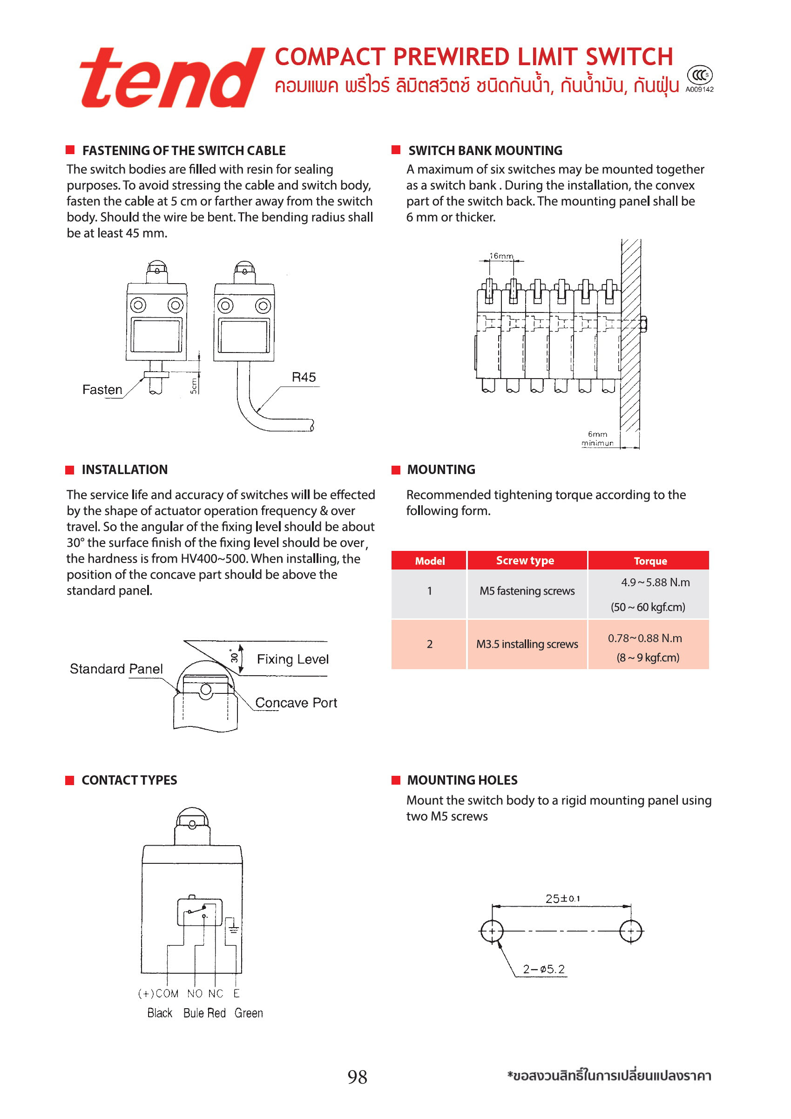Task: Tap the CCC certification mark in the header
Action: (x=699, y=75)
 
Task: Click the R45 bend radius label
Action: (x=304, y=377)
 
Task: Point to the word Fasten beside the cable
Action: (x=102, y=390)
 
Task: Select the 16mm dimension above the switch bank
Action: (x=501, y=256)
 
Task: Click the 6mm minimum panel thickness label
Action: (x=597, y=439)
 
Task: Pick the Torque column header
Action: (x=650, y=561)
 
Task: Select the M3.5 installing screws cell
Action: (x=527, y=644)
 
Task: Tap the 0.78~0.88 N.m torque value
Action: (x=644, y=638)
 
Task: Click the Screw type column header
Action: (x=525, y=561)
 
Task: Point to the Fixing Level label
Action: (x=292, y=659)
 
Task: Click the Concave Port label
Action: (x=296, y=703)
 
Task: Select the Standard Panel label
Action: (x=116, y=669)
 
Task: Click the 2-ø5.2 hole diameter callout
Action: (x=543, y=969)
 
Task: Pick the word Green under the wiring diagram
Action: (x=249, y=1013)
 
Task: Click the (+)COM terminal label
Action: (x=158, y=993)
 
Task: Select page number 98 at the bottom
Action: (x=357, y=1077)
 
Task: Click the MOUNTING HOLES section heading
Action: (x=462, y=780)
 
